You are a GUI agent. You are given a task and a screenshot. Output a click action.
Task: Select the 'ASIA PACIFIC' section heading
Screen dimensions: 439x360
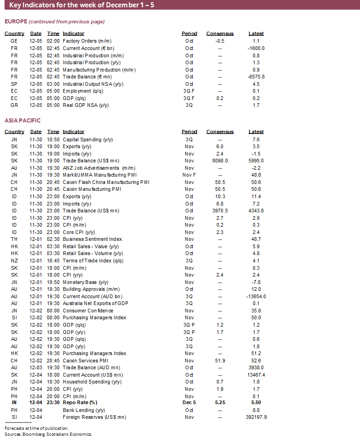tap(22, 121)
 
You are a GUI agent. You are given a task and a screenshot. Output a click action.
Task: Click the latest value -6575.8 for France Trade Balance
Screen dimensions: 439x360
tap(256, 77)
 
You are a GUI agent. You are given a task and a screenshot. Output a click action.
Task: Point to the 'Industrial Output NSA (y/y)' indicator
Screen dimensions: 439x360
tap(93, 84)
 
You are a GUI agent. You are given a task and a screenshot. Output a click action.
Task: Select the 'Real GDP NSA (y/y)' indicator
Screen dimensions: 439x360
tap(86, 105)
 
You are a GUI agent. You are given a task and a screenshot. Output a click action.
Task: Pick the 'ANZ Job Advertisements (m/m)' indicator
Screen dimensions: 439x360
tap(99, 168)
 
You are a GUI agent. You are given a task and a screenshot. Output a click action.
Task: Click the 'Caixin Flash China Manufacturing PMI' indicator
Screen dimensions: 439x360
tap(106, 182)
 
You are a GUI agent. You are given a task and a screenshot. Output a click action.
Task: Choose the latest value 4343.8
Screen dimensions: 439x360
tap(256, 211)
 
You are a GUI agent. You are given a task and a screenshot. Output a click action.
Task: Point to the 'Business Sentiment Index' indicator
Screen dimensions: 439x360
tap(92, 239)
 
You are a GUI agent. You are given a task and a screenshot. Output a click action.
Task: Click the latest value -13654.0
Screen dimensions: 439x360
tap(256, 296)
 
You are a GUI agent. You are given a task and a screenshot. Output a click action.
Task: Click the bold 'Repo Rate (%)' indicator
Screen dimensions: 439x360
tap(80, 403)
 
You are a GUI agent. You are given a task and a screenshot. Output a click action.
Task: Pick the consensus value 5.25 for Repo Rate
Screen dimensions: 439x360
tap(220, 403)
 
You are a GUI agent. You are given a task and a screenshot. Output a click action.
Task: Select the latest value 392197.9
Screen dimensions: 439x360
tap(256, 417)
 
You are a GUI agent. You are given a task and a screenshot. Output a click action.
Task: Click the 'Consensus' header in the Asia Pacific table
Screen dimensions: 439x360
tap(220, 132)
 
